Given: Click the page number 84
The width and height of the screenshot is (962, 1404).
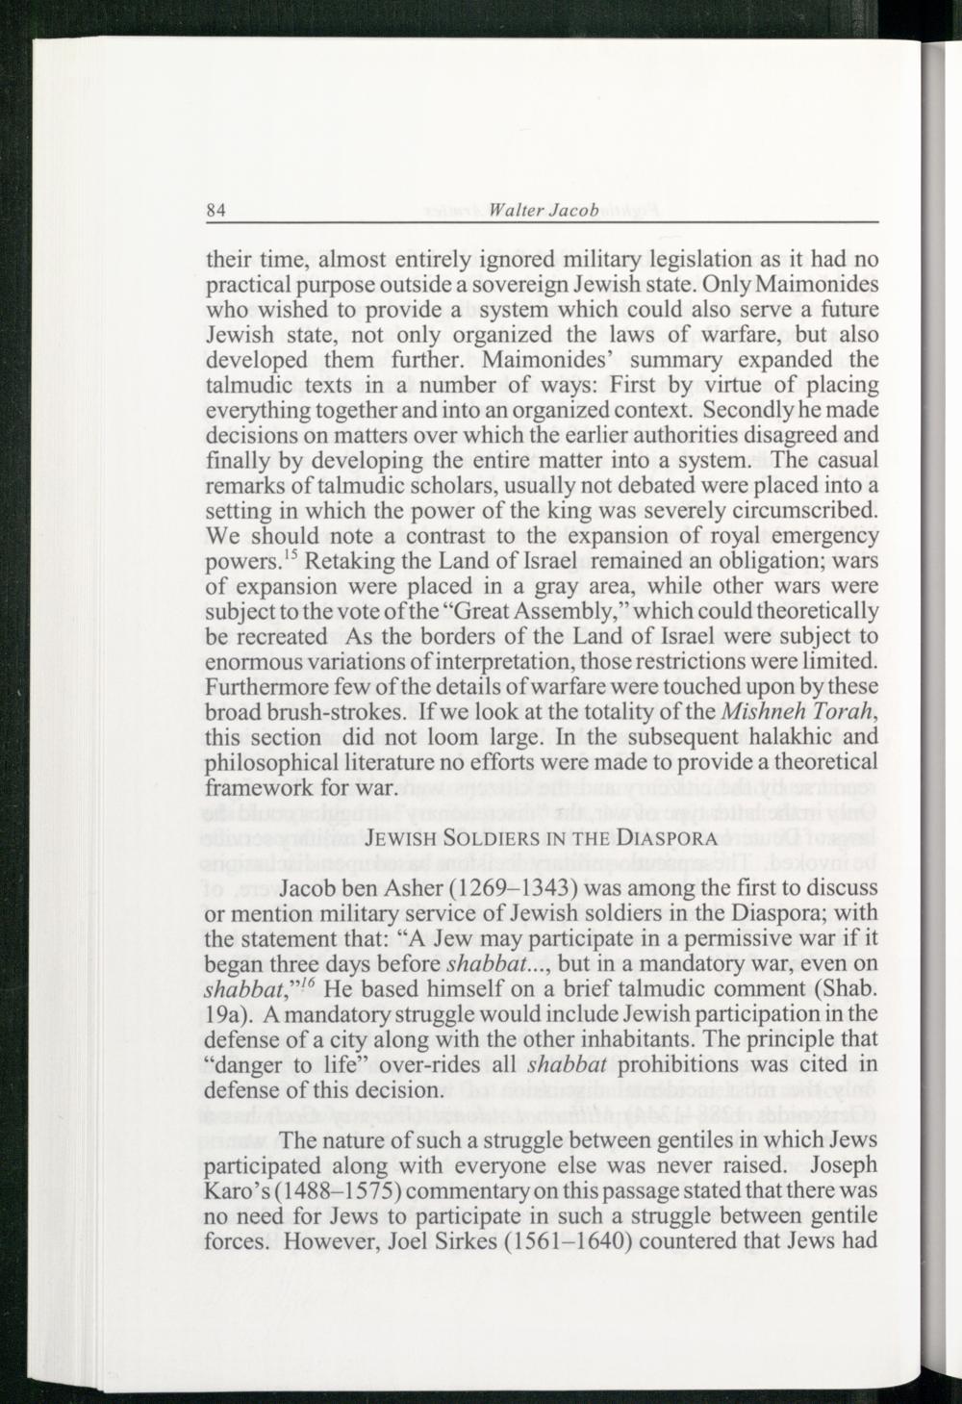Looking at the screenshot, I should [216, 212].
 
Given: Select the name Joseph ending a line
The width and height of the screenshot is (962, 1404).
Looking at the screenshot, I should [845, 1166].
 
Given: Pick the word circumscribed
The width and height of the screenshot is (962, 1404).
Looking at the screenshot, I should [806, 511].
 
